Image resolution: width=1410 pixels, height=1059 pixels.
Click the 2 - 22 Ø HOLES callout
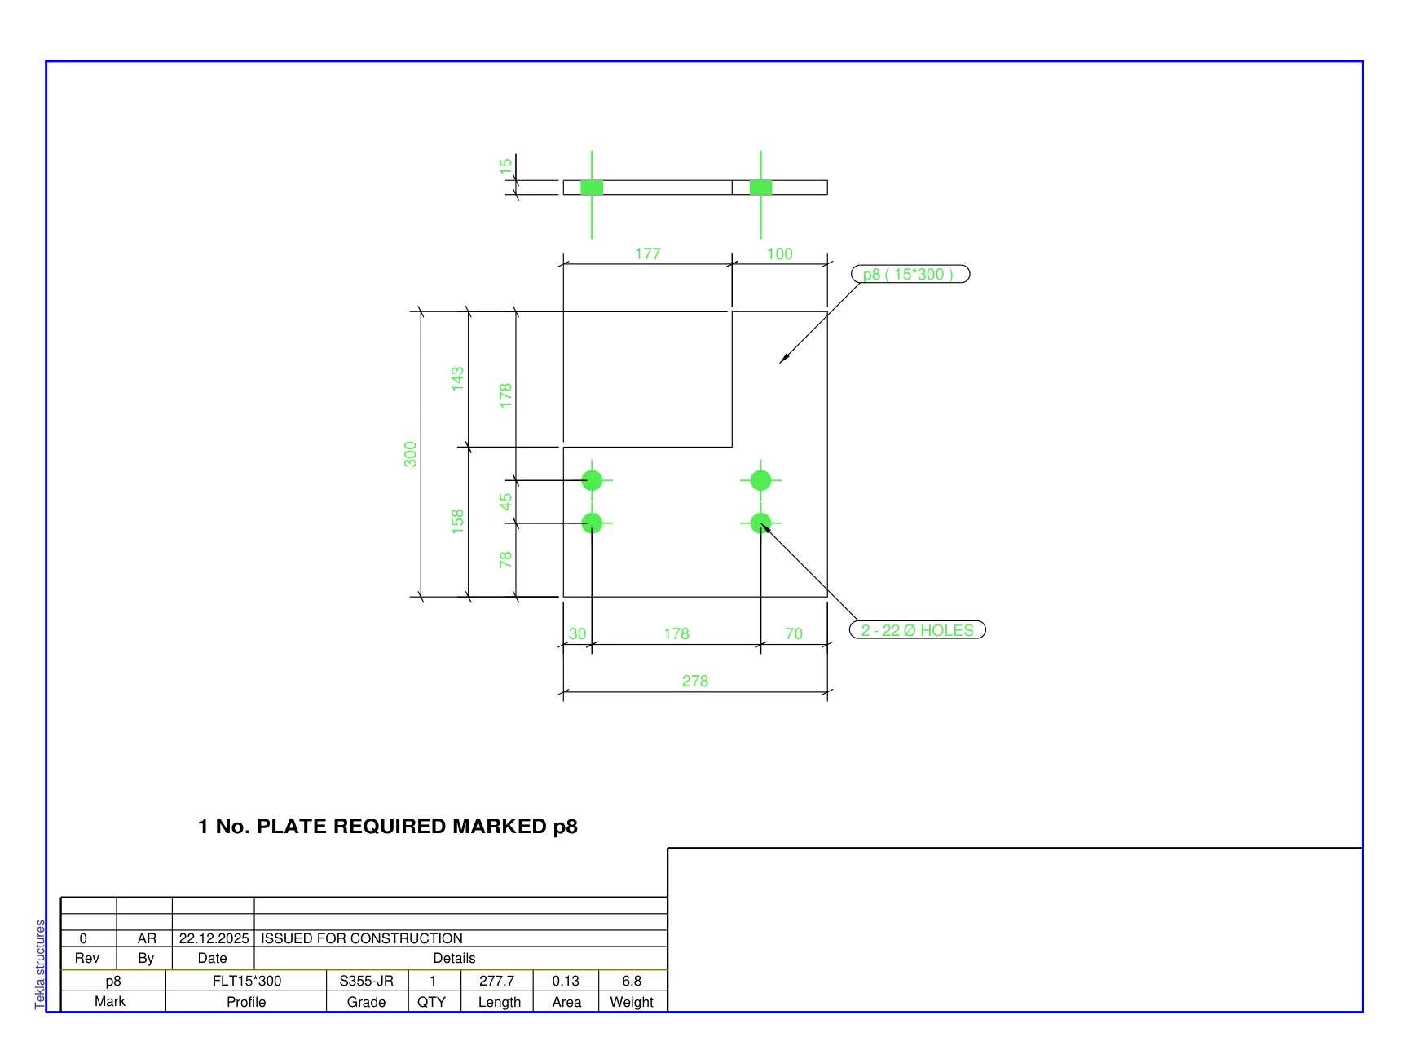point(917,630)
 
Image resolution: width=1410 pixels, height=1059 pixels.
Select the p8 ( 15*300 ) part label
point(910,274)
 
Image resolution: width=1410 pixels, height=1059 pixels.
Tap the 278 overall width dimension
point(695,681)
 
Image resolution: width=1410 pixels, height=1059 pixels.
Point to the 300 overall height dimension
point(410,454)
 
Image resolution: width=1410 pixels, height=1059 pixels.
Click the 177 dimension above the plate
point(648,254)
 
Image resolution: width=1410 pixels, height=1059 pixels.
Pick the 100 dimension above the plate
point(779,254)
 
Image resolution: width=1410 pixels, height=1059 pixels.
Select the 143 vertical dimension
point(457,379)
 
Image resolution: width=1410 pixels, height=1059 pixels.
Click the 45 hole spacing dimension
point(505,501)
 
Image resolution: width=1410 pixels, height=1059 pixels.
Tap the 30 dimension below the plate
point(577,633)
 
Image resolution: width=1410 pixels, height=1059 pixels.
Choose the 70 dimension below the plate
point(794,633)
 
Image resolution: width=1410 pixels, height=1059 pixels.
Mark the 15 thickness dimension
point(505,165)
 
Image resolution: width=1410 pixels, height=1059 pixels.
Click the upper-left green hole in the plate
point(593,480)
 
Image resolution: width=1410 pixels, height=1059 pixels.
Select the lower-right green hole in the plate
point(760,523)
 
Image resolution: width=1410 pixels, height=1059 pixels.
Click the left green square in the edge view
point(592,188)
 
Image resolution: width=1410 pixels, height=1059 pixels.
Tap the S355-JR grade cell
point(367,981)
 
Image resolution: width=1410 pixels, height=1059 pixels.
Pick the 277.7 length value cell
point(496,981)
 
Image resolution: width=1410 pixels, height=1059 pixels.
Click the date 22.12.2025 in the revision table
point(214,938)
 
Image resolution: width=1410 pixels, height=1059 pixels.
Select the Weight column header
point(632,1002)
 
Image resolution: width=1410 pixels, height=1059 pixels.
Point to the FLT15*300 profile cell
point(247,981)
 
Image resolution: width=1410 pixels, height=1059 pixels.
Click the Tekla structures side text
point(40,964)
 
